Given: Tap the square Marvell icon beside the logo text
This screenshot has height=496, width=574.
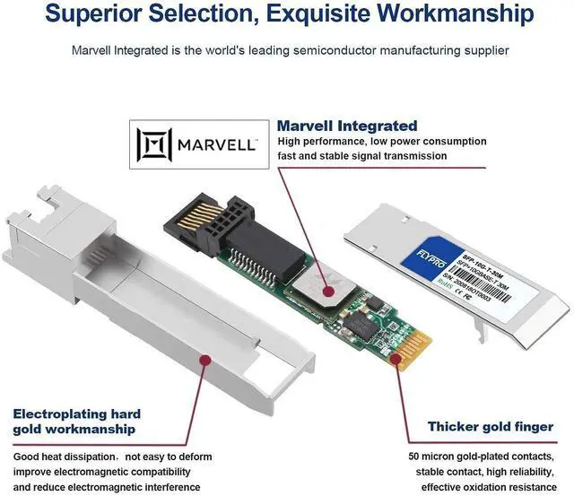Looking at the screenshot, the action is (153, 144).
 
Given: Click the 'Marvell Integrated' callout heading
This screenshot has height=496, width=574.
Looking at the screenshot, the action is (347, 126).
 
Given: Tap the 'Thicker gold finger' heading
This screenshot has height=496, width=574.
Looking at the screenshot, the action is (491, 427).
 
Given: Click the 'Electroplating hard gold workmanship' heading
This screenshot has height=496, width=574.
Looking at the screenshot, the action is (77, 422).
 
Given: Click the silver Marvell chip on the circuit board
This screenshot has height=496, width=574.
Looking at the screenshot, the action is (323, 287).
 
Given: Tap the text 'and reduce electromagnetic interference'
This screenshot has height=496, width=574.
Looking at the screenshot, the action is (113, 487).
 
